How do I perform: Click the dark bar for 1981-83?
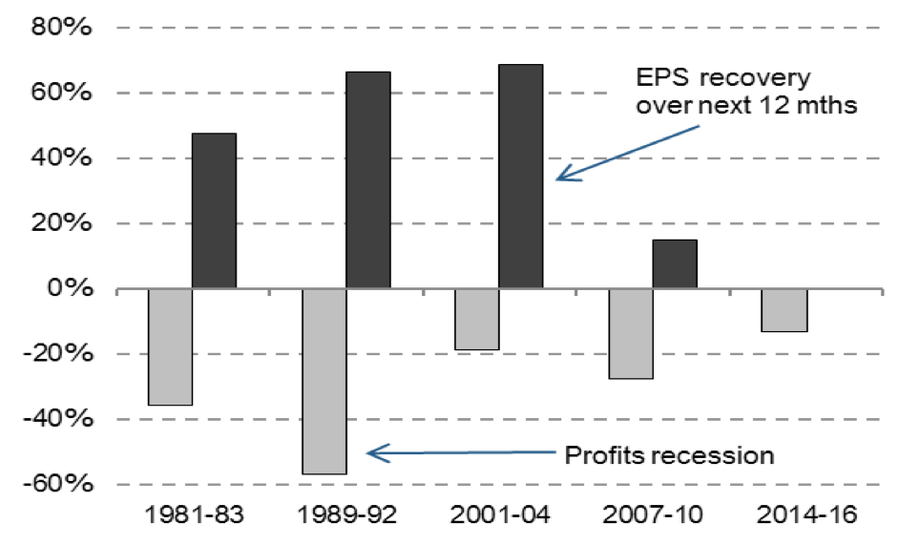[x=214, y=211]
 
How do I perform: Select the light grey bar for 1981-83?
[x=170, y=346]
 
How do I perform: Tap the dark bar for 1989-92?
[x=367, y=180]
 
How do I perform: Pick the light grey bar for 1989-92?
[x=324, y=381]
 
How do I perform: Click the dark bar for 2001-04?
[x=521, y=177]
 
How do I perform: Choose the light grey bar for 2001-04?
[x=477, y=319]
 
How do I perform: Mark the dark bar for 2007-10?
[x=675, y=264]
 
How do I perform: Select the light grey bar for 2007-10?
[x=631, y=333]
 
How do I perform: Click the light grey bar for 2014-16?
[x=784, y=310]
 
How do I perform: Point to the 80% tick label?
[x=62, y=28]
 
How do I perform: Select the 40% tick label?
[x=62, y=158]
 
